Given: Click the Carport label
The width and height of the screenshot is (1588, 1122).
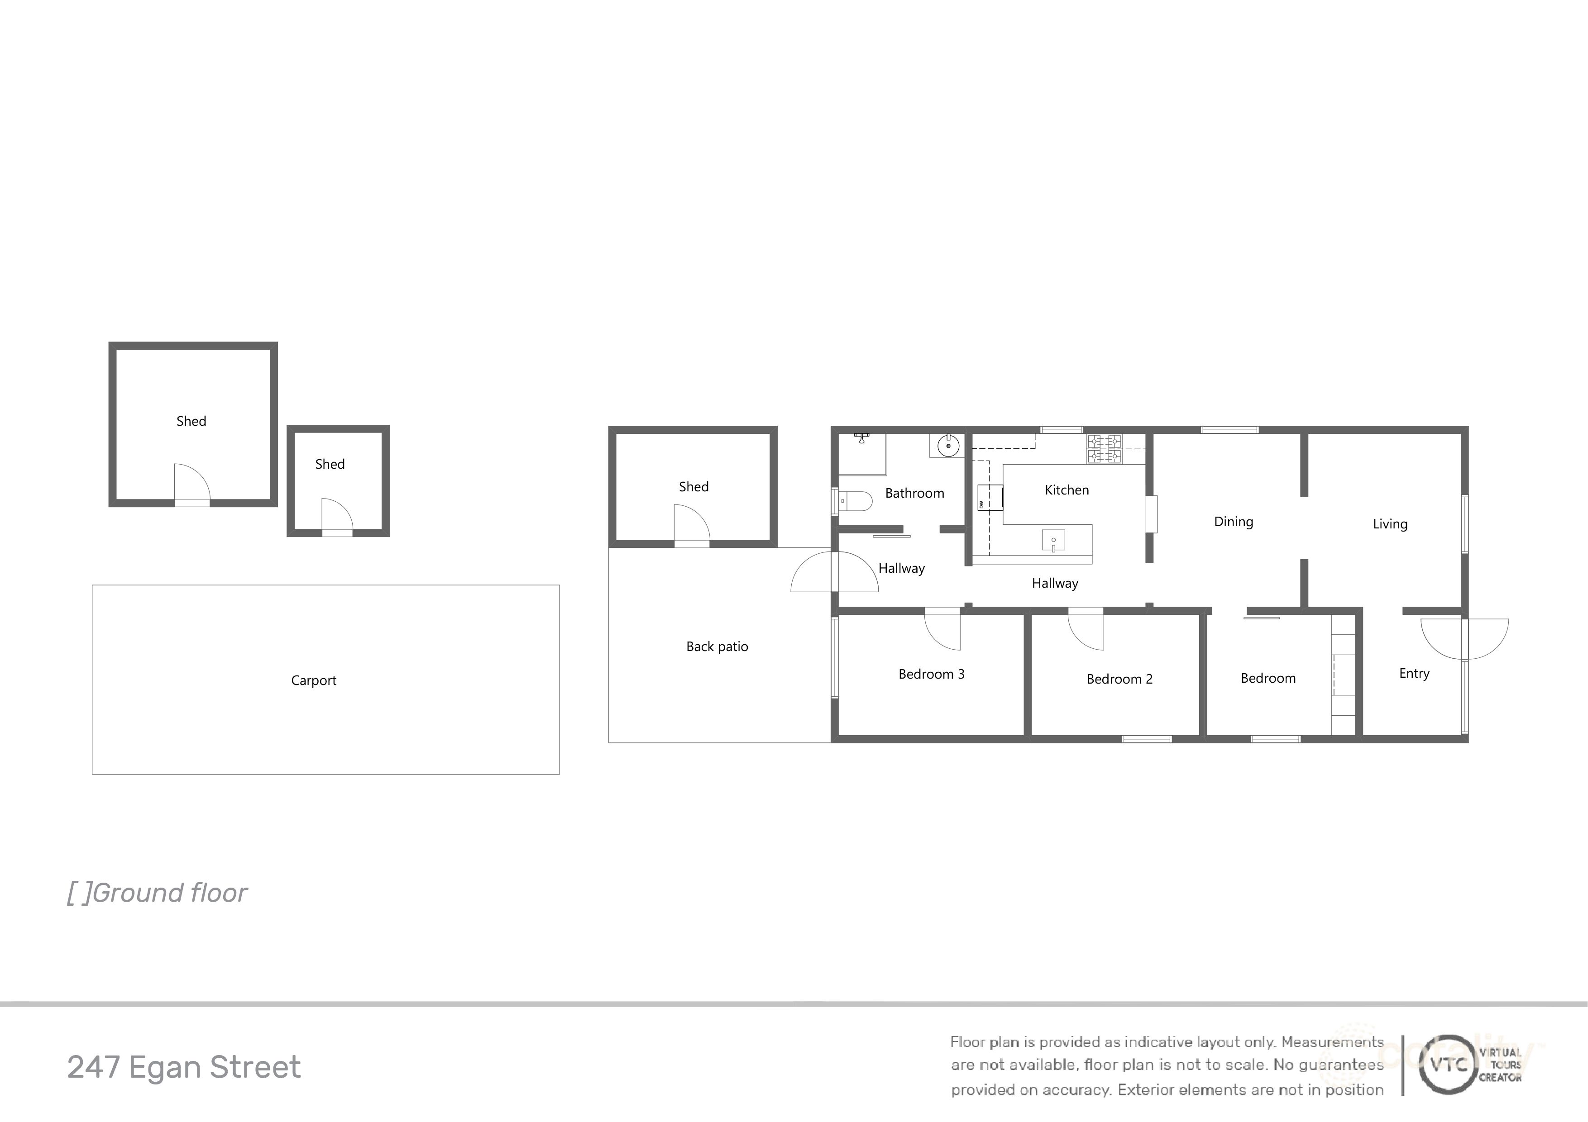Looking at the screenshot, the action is point(313,680).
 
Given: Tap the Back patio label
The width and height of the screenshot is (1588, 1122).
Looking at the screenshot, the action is point(717,647).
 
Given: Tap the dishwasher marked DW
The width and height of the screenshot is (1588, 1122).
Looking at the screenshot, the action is point(990,497).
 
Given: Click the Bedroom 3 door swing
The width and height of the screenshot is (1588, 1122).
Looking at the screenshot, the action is point(942,630).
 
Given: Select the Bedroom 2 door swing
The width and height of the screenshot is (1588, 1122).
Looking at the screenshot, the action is point(1086,630).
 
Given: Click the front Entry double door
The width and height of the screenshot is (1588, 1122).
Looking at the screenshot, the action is point(1465,639).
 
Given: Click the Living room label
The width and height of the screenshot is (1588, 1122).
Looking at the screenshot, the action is point(1390,524).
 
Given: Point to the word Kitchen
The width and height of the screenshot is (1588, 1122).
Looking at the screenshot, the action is point(1067,490).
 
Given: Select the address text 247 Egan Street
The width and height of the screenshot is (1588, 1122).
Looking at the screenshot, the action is point(184,1067).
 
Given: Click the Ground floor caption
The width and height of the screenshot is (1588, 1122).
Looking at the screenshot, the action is point(157,893).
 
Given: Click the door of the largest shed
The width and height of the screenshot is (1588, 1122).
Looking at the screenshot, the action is point(191,485).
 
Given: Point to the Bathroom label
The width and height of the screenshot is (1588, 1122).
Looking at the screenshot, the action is point(914,493).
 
